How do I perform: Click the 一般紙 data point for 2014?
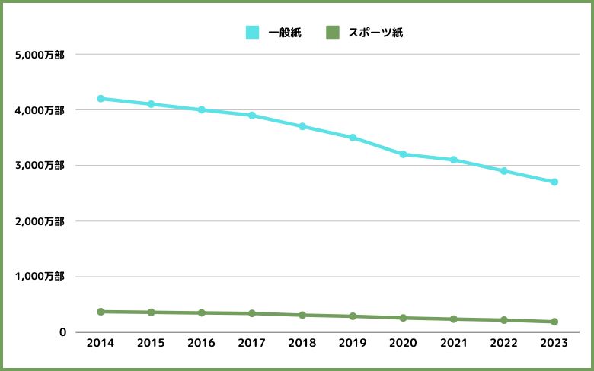coord(101,99)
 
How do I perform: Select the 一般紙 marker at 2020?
coord(404,154)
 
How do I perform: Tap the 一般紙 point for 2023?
coord(554,182)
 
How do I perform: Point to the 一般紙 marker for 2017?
coord(252,116)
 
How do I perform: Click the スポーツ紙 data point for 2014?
coord(101,312)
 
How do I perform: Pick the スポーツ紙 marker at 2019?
coord(353,316)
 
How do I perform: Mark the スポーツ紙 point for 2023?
coord(554,322)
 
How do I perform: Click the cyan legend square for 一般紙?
coord(252,33)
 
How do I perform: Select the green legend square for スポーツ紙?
coord(332,33)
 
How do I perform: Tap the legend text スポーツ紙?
coord(375,33)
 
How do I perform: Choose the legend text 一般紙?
coord(285,33)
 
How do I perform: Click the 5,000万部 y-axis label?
coord(39,55)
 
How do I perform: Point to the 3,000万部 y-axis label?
coord(39,166)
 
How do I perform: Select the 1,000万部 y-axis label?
coord(39,277)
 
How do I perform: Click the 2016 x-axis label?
coord(201,344)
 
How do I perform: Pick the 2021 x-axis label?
coord(453,344)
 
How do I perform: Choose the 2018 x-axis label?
coord(302,344)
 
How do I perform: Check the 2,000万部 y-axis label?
coord(39,221)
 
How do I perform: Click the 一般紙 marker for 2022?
coord(504,171)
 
